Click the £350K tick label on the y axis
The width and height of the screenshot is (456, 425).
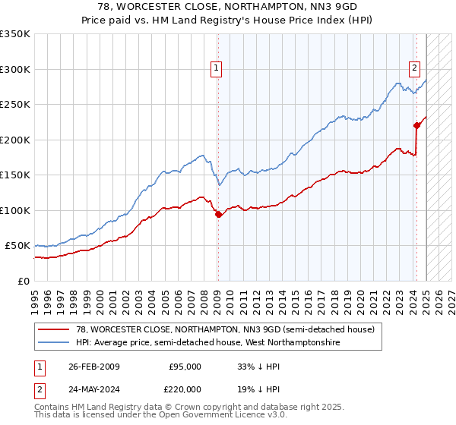pyautogui.click(x=15, y=34)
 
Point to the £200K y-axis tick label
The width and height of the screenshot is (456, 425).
pyautogui.click(x=15, y=140)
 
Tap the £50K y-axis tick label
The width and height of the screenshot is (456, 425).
pyautogui.click(x=18, y=246)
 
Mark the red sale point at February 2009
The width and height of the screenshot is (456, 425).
pyautogui.click(x=218, y=214)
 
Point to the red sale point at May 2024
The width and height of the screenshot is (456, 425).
pyautogui.click(x=416, y=125)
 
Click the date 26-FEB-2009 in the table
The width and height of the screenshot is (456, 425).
pyautogui.click(x=93, y=367)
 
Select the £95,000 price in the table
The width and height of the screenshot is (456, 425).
pyautogui.click(x=185, y=367)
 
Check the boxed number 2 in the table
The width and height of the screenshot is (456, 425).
pyautogui.click(x=38, y=388)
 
